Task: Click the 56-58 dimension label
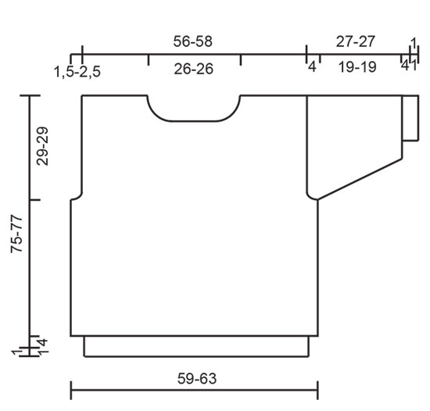(x=192, y=41)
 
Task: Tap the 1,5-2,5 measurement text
(x=77, y=72)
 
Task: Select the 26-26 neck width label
(x=194, y=69)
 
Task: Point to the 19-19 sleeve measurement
(x=357, y=68)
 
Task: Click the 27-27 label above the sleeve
(x=353, y=41)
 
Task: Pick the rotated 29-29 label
(x=42, y=146)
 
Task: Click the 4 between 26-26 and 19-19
(x=311, y=68)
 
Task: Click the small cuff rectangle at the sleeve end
(x=409, y=118)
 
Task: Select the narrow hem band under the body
(x=195, y=346)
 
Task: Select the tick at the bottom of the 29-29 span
(x=30, y=198)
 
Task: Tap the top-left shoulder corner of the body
(x=82, y=96)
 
